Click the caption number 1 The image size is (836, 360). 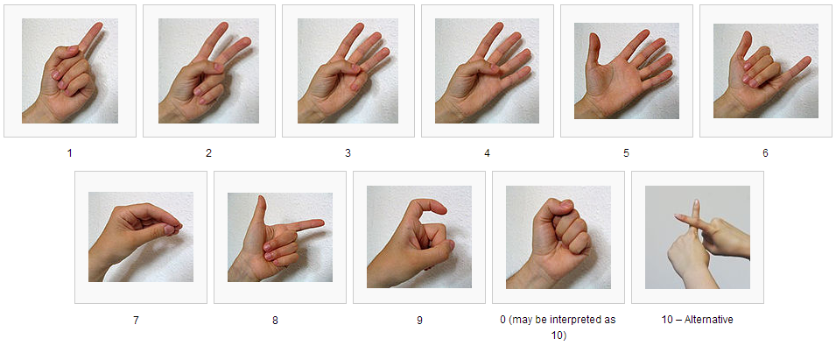[x=69, y=153]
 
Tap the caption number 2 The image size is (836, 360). [x=208, y=153]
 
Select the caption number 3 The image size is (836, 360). [x=348, y=153]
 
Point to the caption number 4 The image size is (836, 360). [x=487, y=153]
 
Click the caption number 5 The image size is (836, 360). [x=626, y=153]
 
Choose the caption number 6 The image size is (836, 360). [x=765, y=153]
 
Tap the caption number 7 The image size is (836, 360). [x=136, y=321]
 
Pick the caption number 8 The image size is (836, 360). [x=275, y=321]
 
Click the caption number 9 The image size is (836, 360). [x=419, y=321]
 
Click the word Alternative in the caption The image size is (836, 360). [x=708, y=320]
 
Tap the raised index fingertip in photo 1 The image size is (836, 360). [x=99, y=25]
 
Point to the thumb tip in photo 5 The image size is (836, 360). [x=593, y=36]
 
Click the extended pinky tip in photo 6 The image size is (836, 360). [x=807, y=60]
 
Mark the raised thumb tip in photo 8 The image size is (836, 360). [x=261, y=200]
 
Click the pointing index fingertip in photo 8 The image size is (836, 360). [x=320, y=222]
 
